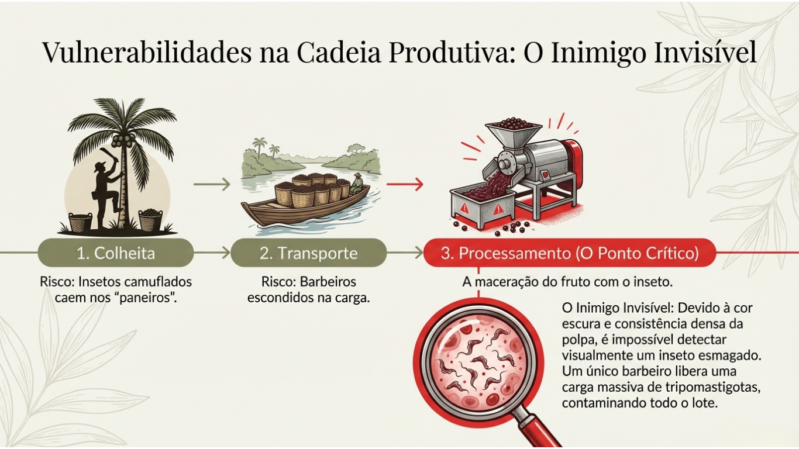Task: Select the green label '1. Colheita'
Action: pyautogui.click(x=116, y=253)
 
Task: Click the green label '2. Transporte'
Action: pyautogui.click(x=308, y=253)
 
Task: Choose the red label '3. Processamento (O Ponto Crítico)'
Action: pyautogui.click(x=570, y=253)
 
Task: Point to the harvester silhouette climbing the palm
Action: pyautogui.click(x=105, y=187)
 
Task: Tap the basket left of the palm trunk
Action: pyautogui.click(x=80, y=221)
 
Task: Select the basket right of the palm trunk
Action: pyautogui.click(x=150, y=220)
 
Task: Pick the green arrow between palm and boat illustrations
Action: pyautogui.click(x=211, y=185)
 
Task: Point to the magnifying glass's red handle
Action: pyautogui.click(x=538, y=430)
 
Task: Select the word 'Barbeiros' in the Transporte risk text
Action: pyautogui.click(x=328, y=282)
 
